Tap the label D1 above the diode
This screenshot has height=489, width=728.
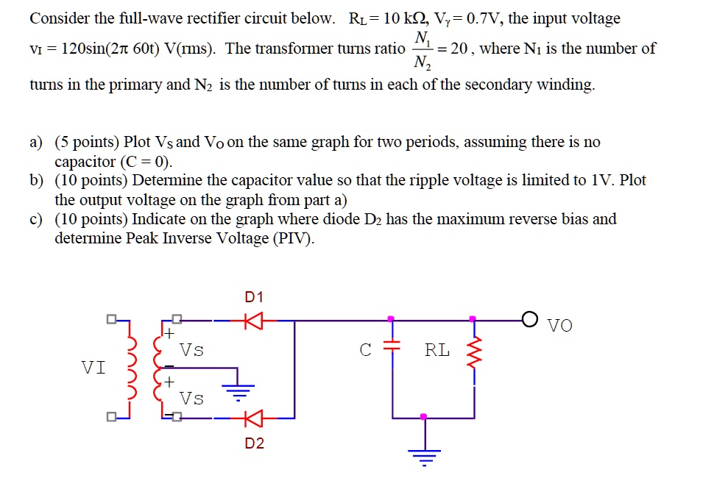[253, 297]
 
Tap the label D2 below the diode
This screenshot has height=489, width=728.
[254, 443]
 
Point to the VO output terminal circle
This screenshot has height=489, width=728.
[528, 320]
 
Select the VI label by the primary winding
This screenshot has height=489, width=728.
[93, 365]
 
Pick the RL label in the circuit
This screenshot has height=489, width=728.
[437, 350]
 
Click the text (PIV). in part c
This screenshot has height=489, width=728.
[293, 239]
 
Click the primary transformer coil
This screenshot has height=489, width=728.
[134, 368]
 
